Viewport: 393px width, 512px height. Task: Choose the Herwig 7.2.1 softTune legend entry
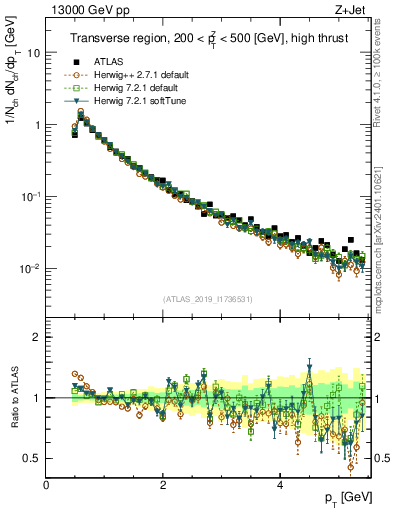click(129, 101)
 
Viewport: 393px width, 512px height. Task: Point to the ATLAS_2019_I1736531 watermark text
click(208, 299)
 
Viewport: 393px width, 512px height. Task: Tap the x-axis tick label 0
click(46, 485)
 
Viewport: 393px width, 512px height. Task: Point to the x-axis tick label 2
click(163, 485)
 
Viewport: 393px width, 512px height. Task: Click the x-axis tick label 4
click(279, 485)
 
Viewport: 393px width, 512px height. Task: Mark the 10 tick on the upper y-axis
click(33, 53)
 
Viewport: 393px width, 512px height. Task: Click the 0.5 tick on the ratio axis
click(32, 458)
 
